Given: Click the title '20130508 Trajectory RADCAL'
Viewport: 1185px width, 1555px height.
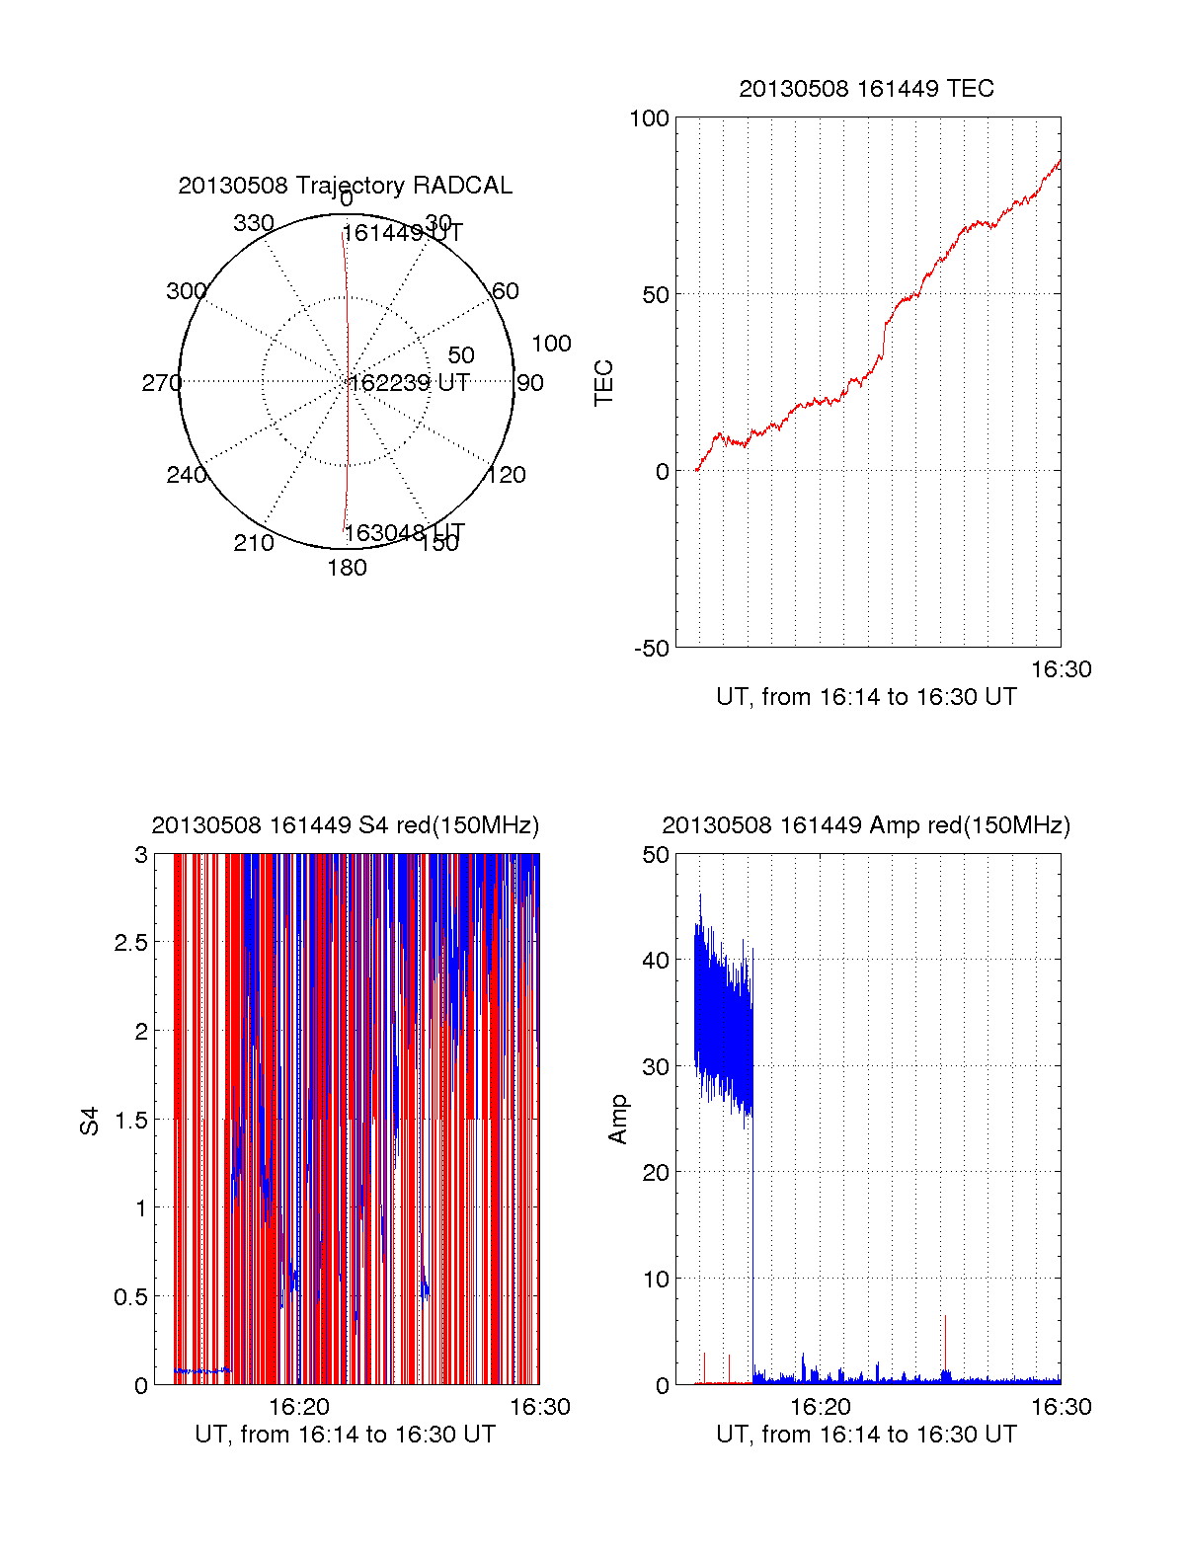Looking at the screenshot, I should [345, 186].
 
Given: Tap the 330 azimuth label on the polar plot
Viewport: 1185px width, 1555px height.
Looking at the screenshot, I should [254, 223].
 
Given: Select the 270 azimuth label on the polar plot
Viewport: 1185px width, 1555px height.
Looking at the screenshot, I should [162, 383].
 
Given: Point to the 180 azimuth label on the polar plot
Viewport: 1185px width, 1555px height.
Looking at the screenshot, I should [347, 568].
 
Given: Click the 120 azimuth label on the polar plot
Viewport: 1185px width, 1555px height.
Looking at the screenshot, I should [507, 475].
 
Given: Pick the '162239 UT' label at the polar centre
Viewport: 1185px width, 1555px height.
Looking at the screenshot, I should [409, 383].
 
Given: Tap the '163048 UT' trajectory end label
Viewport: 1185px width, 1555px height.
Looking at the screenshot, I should [404, 533].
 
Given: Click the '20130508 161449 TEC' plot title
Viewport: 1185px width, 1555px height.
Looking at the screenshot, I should [866, 89].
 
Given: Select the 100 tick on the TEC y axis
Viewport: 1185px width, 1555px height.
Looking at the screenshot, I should [649, 118].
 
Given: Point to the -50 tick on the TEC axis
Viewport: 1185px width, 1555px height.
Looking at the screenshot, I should [652, 649].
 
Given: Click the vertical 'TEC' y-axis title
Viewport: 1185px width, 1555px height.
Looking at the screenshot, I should [604, 383].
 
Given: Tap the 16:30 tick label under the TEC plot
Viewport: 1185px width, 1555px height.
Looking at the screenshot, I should [1061, 669].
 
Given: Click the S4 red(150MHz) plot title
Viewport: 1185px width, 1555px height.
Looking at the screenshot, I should [345, 825].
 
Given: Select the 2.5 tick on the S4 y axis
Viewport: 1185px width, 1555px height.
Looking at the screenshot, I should [130, 943].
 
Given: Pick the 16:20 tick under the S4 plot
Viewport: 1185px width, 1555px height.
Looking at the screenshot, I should [299, 1407].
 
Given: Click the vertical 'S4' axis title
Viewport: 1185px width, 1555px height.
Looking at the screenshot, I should [90, 1121].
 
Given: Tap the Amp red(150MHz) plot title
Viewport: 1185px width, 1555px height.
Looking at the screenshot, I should [866, 825].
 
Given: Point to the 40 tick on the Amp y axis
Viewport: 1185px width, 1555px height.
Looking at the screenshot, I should [655, 960].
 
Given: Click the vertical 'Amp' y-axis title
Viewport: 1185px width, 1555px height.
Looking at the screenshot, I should [618, 1120].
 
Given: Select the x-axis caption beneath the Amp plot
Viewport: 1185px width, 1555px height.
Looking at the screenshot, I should [866, 1435].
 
